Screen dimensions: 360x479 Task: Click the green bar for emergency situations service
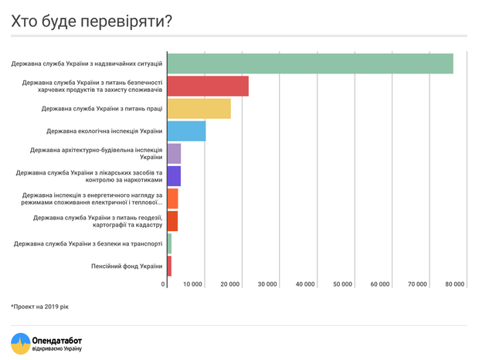tap(310, 63)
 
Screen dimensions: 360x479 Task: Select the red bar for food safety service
tap(208, 86)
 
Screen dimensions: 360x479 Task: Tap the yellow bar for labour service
tap(199, 109)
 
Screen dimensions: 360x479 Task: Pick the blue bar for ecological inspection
tap(186, 131)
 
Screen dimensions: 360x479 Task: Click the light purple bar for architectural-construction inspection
tap(174, 153)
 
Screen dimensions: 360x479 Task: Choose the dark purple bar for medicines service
tap(174, 176)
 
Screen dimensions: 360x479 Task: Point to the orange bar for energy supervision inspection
tap(172, 199)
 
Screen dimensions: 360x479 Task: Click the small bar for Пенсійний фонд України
tap(169, 266)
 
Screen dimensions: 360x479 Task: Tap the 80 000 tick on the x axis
tap(455, 284)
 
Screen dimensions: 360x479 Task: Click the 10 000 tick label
tap(193, 284)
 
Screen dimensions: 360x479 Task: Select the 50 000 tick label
tap(342, 284)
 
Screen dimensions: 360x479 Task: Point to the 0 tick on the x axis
tap(164, 284)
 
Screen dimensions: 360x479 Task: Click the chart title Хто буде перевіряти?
tap(91, 21)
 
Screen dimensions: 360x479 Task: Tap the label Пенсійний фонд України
tap(127, 267)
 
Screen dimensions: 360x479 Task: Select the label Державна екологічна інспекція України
tap(104, 131)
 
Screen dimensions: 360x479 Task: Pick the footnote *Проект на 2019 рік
tap(39, 307)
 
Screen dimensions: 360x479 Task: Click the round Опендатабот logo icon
tap(20, 343)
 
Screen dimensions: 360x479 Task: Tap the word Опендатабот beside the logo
tap(56, 339)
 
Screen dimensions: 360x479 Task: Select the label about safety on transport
tap(88, 244)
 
